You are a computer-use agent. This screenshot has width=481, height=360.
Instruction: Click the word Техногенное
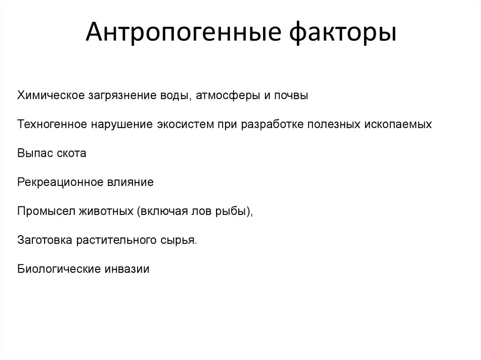(53, 125)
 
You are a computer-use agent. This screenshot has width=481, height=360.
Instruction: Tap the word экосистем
(185, 125)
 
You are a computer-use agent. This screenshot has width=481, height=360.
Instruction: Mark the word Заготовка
(45, 240)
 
